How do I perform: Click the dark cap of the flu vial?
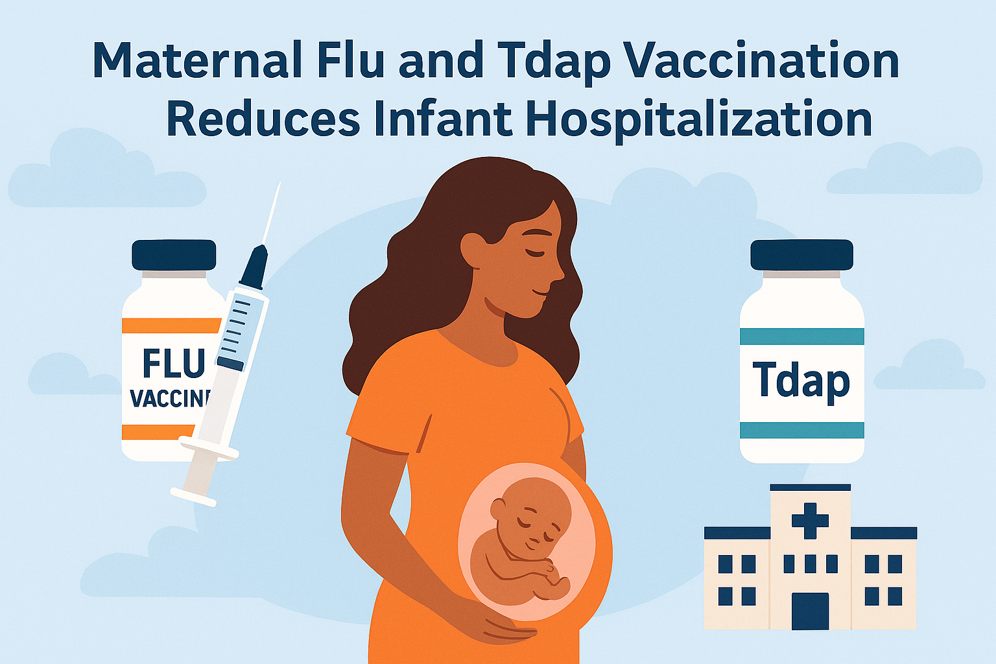pos(174,255)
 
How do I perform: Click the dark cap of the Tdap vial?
pos(801,255)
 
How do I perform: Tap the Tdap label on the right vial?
pos(801,381)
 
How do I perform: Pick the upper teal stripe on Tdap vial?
pos(801,336)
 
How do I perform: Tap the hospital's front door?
pos(810,610)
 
